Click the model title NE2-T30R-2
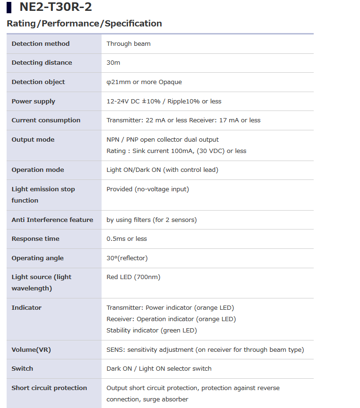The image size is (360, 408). [56, 7]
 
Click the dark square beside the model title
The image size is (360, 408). [9, 8]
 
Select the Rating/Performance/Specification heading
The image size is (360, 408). [84, 23]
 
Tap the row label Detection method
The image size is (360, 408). [41, 43]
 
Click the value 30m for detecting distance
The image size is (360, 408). [113, 62]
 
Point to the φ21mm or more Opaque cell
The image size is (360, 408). [144, 82]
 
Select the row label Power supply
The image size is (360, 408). [34, 101]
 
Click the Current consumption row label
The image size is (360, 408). [46, 120]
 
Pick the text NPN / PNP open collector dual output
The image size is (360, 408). [163, 139]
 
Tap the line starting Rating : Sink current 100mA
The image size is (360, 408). [176, 151]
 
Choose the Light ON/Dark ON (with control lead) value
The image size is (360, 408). [163, 170]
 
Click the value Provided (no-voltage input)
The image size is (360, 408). [147, 189]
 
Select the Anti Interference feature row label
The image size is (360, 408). [52, 220]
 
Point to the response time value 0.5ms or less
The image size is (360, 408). [127, 238]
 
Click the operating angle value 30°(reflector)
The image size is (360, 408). [127, 258]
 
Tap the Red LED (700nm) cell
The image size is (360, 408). [133, 277]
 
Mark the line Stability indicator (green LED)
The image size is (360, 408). [152, 330]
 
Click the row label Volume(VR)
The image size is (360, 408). [31, 349]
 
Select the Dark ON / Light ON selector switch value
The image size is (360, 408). [159, 368]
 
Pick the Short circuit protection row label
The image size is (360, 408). [49, 388]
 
